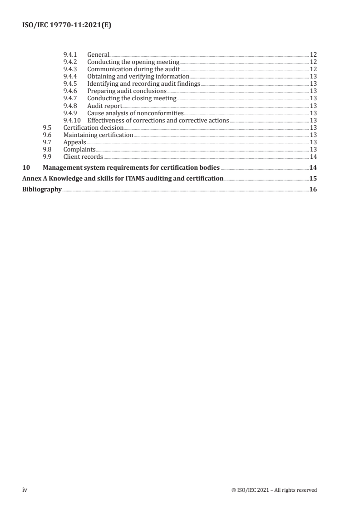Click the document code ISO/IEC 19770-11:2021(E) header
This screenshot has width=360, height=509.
tap(67, 26)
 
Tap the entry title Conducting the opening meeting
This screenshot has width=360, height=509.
tap(133, 62)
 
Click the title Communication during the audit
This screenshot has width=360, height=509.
tap(133, 69)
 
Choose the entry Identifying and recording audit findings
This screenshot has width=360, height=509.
tap(143, 84)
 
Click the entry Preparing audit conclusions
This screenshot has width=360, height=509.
tap(127, 91)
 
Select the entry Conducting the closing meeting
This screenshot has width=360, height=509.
tap(132, 98)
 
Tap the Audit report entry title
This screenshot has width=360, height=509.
tap(104, 106)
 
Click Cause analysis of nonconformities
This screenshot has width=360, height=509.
tap(135, 113)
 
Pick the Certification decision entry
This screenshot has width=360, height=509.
tap(93, 127)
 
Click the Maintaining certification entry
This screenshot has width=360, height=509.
tap(98, 135)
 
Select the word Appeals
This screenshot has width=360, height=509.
tap(74, 142)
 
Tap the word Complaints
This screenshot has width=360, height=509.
tap(79, 149)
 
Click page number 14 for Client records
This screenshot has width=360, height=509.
tap(313, 157)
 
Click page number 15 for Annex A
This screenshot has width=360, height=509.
tap(313, 179)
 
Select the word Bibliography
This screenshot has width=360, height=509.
tap(42, 190)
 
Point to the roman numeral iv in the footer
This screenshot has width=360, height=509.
tap(25, 490)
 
